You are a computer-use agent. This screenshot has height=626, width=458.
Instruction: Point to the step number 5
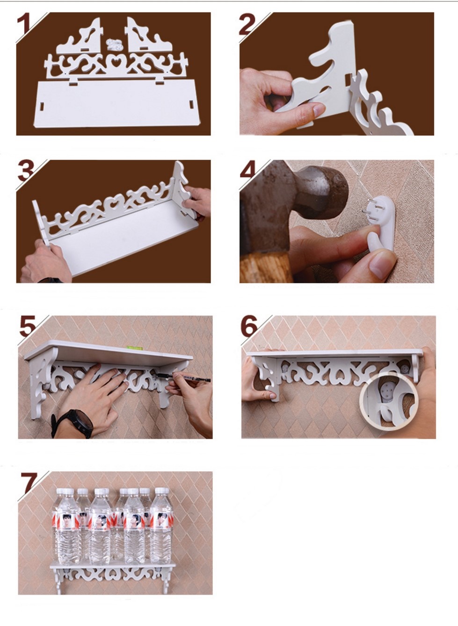(28, 326)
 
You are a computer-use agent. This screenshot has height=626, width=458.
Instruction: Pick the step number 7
(29, 483)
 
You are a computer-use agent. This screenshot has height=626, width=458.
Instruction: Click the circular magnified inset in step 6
(388, 401)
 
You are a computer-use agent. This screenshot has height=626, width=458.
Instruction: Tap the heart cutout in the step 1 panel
(114, 62)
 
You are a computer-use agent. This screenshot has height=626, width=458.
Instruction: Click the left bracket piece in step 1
(80, 37)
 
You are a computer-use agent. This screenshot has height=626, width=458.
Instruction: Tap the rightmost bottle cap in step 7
(161, 492)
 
